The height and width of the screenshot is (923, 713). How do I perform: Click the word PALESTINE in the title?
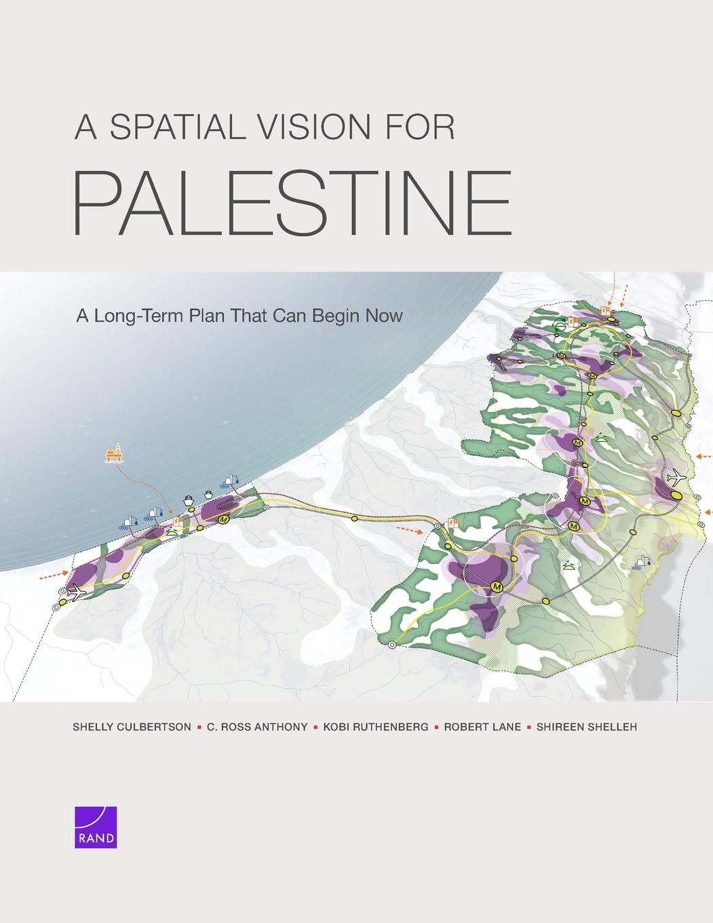tap(292, 203)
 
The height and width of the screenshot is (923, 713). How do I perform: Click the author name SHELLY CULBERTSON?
tap(132, 727)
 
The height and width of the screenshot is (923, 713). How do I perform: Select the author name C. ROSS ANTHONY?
tap(257, 727)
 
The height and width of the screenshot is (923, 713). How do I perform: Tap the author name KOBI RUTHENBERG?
tap(375, 727)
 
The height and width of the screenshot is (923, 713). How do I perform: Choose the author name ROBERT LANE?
tap(482, 727)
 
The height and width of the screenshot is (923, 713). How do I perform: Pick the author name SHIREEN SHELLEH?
tap(586, 727)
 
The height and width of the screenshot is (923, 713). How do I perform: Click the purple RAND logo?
tap(96, 827)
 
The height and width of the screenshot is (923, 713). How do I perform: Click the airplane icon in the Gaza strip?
tap(77, 592)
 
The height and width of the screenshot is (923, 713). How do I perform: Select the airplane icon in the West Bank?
tap(675, 478)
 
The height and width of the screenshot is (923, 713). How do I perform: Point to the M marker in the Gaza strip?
tap(223, 519)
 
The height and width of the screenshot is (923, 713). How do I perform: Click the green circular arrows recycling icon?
tap(560, 325)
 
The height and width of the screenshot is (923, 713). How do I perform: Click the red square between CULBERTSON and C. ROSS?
tap(199, 727)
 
